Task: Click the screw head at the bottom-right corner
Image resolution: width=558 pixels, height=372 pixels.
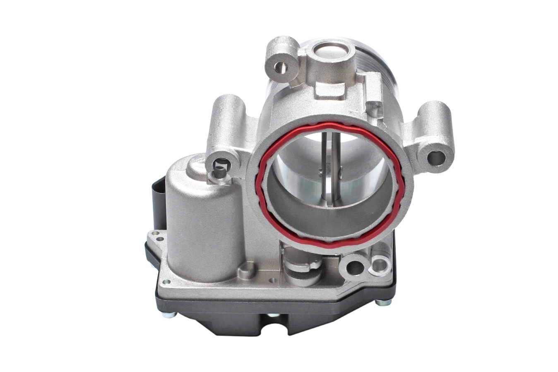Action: (383, 303)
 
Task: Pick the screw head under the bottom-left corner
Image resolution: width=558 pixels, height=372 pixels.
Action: (169, 315)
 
